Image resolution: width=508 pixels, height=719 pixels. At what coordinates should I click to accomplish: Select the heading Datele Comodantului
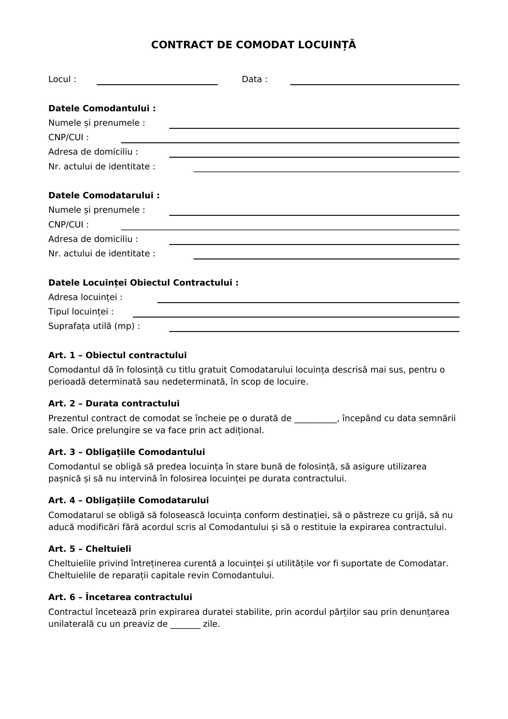[102, 108]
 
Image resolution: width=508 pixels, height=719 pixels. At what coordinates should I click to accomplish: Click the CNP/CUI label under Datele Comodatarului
[68, 224]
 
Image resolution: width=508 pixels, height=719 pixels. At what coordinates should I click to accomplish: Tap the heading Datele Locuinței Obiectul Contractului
[143, 283]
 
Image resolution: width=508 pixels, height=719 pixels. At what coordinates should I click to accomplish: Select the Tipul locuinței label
[81, 312]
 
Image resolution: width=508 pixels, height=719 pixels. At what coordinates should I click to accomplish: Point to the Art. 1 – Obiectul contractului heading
[117, 355]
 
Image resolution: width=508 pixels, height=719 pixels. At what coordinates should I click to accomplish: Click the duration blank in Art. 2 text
[315, 419]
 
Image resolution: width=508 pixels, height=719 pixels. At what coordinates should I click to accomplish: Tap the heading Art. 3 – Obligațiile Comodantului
[126, 452]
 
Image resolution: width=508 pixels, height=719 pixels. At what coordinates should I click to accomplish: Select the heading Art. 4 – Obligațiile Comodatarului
[128, 500]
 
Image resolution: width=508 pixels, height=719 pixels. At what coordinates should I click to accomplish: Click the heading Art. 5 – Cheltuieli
[89, 549]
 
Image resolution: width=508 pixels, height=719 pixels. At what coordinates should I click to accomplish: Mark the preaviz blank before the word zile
[185, 624]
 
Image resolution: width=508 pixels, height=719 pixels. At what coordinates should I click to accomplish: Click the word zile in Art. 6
[211, 624]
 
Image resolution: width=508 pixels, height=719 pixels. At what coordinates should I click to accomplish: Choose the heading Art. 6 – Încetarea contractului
[120, 597]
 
